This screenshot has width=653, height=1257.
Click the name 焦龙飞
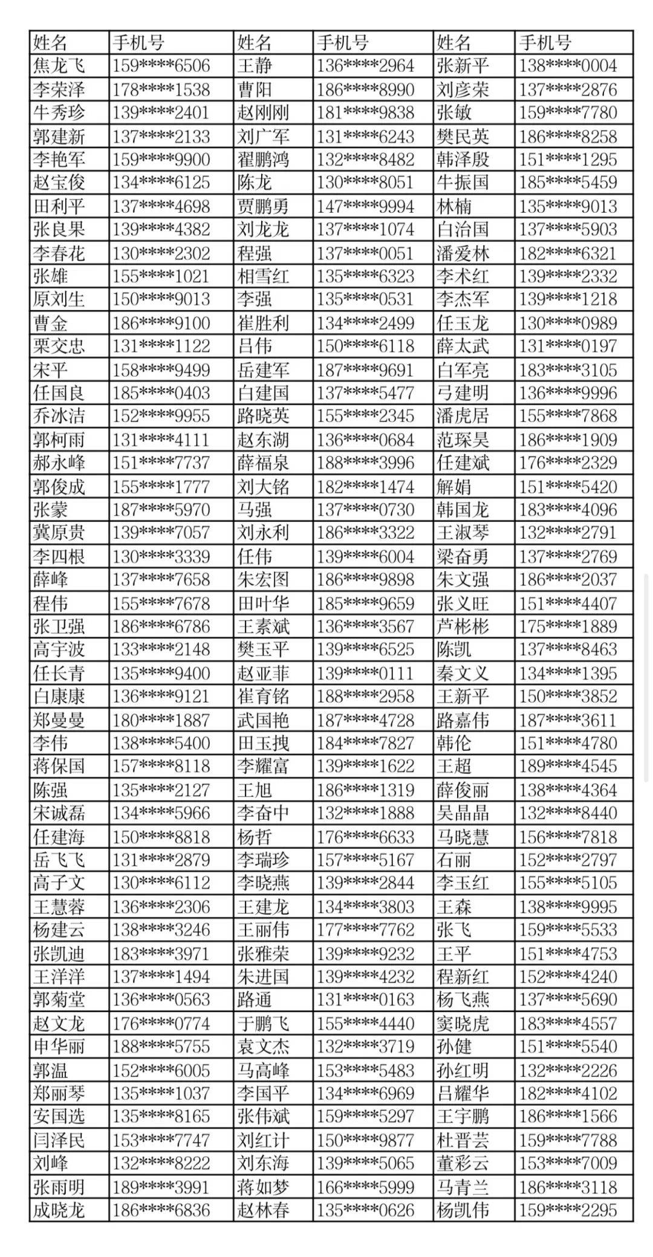[x=59, y=66]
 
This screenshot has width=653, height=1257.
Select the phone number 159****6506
[x=161, y=66]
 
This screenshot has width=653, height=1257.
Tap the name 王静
[x=255, y=66]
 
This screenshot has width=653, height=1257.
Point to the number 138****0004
[x=568, y=66]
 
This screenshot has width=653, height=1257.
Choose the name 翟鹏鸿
[x=263, y=160]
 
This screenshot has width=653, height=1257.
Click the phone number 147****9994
[x=365, y=207]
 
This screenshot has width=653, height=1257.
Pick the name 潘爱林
[x=463, y=253]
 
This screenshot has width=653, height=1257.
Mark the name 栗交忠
[x=59, y=346]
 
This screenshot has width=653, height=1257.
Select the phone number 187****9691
[x=365, y=370]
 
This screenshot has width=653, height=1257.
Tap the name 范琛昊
[x=463, y=440]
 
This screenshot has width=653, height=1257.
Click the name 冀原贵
[x=59, y=533]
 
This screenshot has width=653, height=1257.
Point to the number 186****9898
[x=365, y=580]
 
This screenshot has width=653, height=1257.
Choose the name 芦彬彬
[x=463, y=626]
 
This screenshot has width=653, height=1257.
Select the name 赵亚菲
[x=263, y=674]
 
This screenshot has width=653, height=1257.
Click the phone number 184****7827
[x=365, y=743]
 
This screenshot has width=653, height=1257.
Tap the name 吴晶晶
[x=463, y=813]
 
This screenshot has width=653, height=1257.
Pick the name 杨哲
[x=255, y=837]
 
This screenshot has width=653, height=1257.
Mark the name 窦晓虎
[x=463, y=1024]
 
